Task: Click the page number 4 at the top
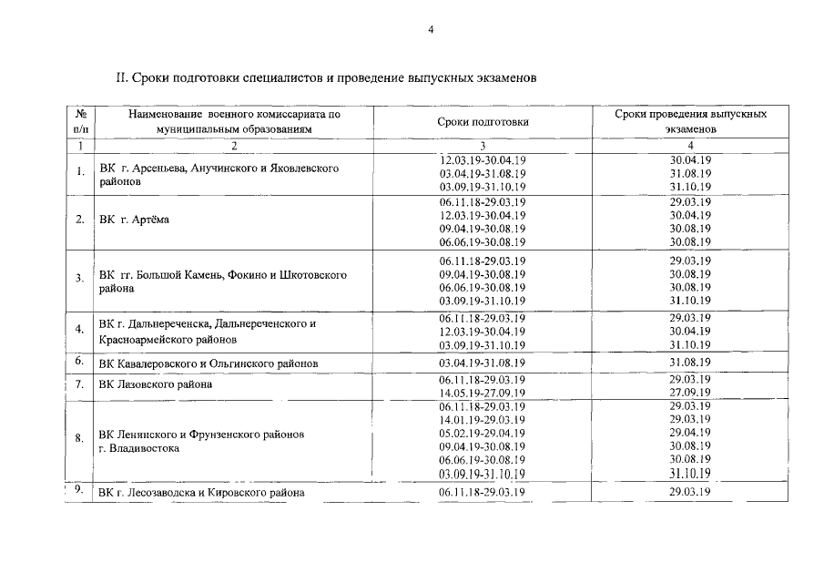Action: [432, 29]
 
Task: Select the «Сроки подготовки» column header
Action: [483, 122]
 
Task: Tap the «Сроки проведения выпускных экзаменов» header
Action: [690, 122]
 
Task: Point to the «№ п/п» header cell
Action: [81, 122]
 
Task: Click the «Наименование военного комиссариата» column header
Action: [234, 122]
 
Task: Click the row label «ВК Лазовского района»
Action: [156, 384]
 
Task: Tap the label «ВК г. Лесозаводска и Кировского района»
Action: [201, 493]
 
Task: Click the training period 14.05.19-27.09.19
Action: [483, 393]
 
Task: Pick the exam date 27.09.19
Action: [690, 393]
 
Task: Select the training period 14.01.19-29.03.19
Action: [483, 420]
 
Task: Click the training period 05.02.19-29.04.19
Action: [483, 434]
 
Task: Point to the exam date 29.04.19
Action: [690, 434]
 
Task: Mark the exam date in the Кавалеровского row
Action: [690, 362]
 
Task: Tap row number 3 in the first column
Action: [80, 278]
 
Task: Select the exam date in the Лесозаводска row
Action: [690, 493]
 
